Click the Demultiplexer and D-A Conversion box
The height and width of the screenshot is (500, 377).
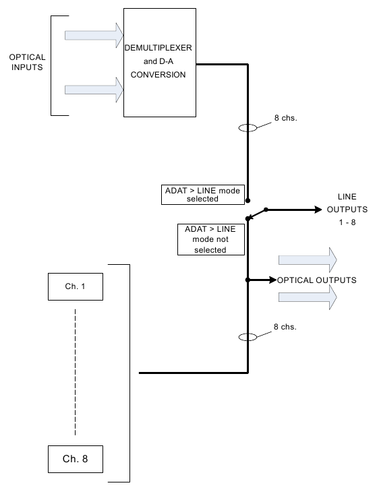160,63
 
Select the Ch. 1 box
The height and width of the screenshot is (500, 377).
76,286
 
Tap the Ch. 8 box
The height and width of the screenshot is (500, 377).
76,459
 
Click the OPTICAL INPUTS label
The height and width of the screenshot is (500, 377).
27,62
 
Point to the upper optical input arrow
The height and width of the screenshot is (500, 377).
94,36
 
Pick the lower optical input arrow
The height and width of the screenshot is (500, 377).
94,90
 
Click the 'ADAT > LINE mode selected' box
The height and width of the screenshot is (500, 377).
203,195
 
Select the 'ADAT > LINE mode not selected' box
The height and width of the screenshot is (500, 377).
210,239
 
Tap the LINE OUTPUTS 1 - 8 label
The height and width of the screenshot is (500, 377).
347,210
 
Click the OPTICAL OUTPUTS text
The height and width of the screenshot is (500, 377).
317,280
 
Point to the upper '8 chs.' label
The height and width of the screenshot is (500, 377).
286,118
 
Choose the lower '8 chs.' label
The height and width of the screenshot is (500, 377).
285,327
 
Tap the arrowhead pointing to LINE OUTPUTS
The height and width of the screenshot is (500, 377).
318,210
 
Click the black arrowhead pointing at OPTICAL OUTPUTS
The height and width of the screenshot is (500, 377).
273,280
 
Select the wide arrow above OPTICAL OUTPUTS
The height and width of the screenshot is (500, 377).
308,260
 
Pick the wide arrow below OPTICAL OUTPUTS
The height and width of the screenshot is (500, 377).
308,297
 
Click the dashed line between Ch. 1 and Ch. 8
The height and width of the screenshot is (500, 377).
76,372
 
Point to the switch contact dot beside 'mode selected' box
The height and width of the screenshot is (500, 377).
248,201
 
